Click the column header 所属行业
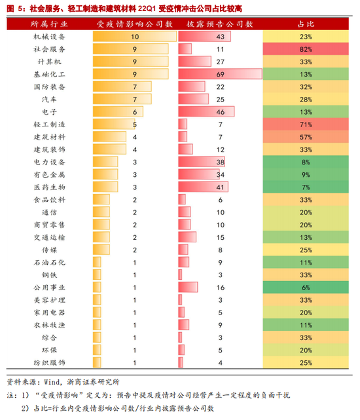[49, 24]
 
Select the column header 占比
[306, 24]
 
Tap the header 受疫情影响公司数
[135, 24]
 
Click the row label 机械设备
[50, 37]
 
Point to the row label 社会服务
[50, 49]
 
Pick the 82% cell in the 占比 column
[306, 49]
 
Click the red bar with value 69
[221, 74]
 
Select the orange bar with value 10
[135, 37]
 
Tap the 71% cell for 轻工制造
[306, 124]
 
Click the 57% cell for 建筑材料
[306, 137]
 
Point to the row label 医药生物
[50, 187]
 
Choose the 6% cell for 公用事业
[306, 288]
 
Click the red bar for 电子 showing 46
[206, 111]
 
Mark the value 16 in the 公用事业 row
[221, 288]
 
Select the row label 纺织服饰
[50, 363]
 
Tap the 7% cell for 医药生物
[306, 187]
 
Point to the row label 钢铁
[50, 275]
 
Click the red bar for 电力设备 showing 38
[202, 162]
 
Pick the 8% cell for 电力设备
[306, 162]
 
